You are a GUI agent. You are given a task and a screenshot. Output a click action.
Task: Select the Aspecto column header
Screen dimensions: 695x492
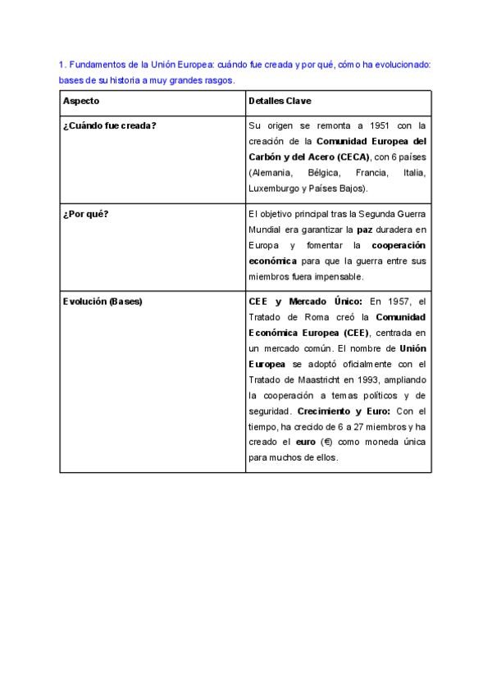tap(80, 101)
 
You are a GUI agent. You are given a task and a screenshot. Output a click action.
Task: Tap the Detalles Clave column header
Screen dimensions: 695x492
tap(279, 101)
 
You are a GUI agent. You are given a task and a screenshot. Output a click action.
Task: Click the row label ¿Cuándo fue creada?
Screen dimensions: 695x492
tap(109, 125)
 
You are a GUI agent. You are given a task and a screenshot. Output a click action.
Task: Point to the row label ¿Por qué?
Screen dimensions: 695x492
tap(85, 215)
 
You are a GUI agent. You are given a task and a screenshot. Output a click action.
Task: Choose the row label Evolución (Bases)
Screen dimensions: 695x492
tap(102, 301)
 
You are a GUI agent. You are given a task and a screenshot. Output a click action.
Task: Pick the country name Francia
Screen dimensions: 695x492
tap(370, 173)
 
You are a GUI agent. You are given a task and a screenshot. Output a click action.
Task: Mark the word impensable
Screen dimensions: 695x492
tap(354, 277)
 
